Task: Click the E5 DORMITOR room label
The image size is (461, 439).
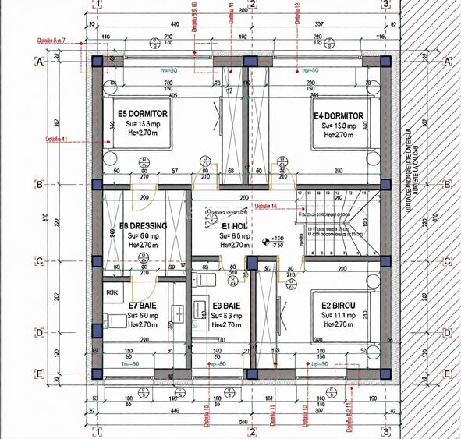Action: tap(144, 114)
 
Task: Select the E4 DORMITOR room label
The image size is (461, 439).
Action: tap(339, 115)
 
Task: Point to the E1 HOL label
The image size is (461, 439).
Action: tap(234, 227)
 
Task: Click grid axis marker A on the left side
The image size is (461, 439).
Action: tap(38, 61)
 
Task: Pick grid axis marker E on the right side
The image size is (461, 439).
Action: tap(447, 374)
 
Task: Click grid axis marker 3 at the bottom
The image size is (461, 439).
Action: tap(385, 431)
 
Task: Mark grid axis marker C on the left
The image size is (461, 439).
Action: tap(38, 261)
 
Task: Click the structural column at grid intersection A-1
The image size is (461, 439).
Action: tap(97, 61)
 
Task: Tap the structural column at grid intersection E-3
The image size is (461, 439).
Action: tap(385, 374)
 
